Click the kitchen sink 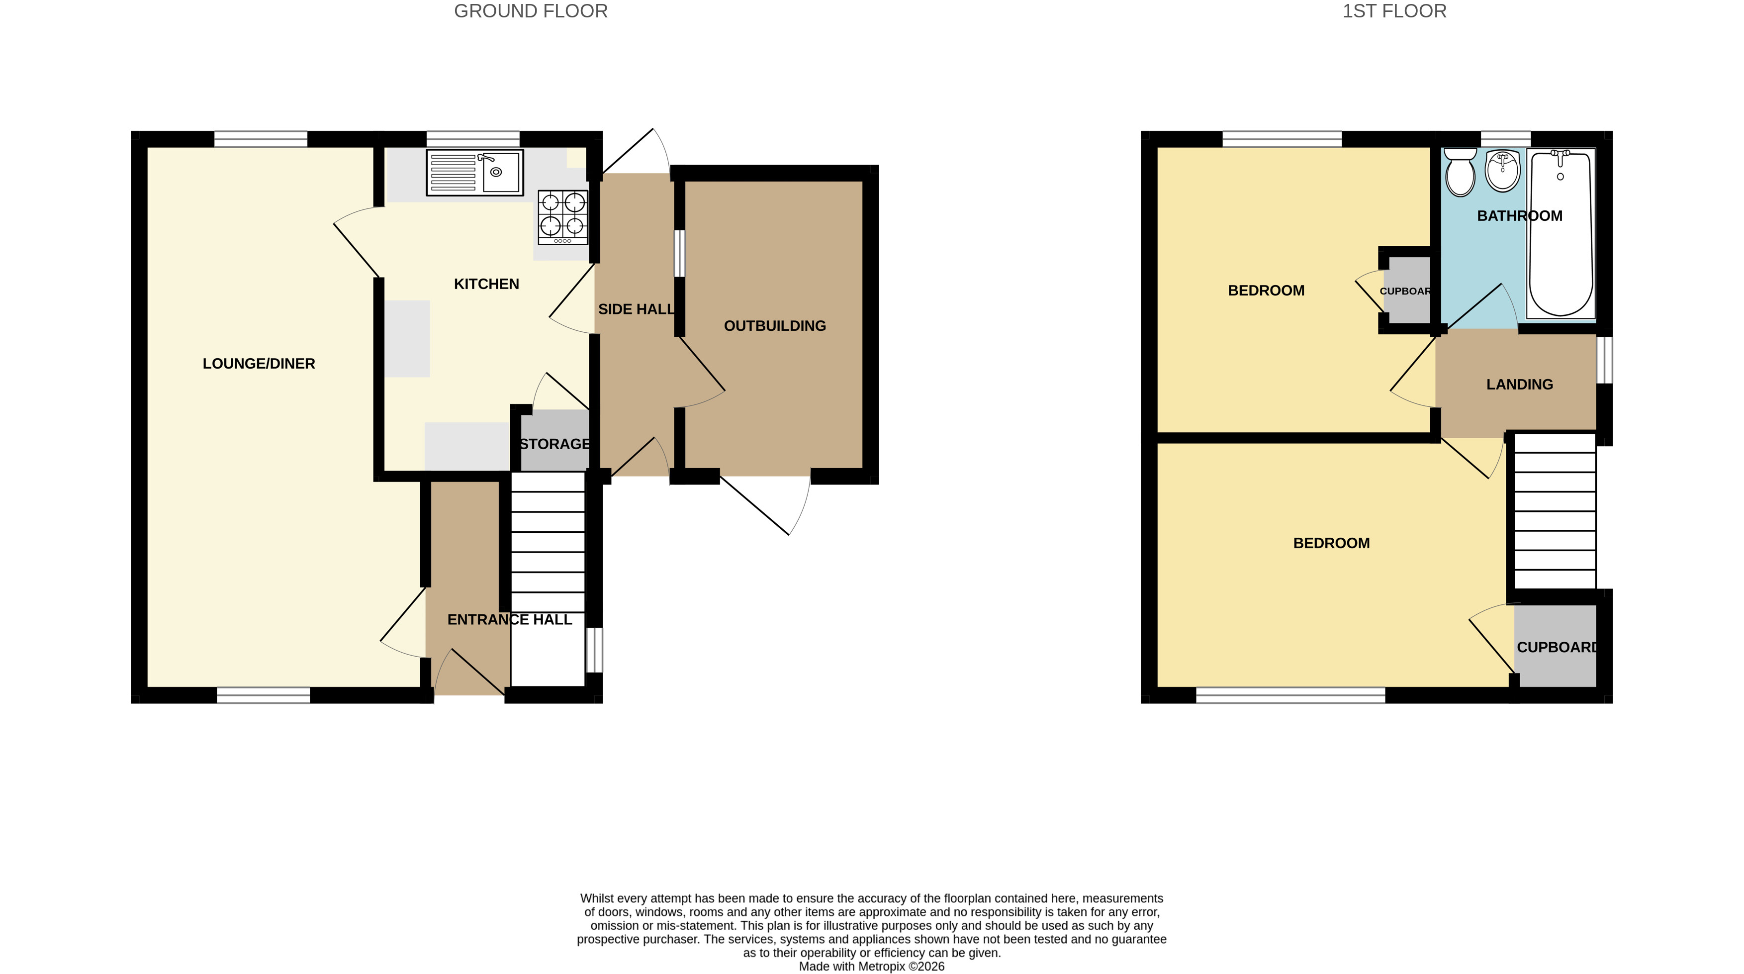point(474,173)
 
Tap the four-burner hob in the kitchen point(562,217)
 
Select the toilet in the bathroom point(1461,172)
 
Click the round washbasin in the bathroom point(1502,171)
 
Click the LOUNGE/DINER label point(259,364)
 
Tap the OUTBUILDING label point(774,326)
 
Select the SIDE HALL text point(637,309)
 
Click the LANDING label point(1519,385)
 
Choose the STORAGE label point(555,444)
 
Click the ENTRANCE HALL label point(510,620)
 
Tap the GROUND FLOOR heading point(531,11)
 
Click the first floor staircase point(1555,511)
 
